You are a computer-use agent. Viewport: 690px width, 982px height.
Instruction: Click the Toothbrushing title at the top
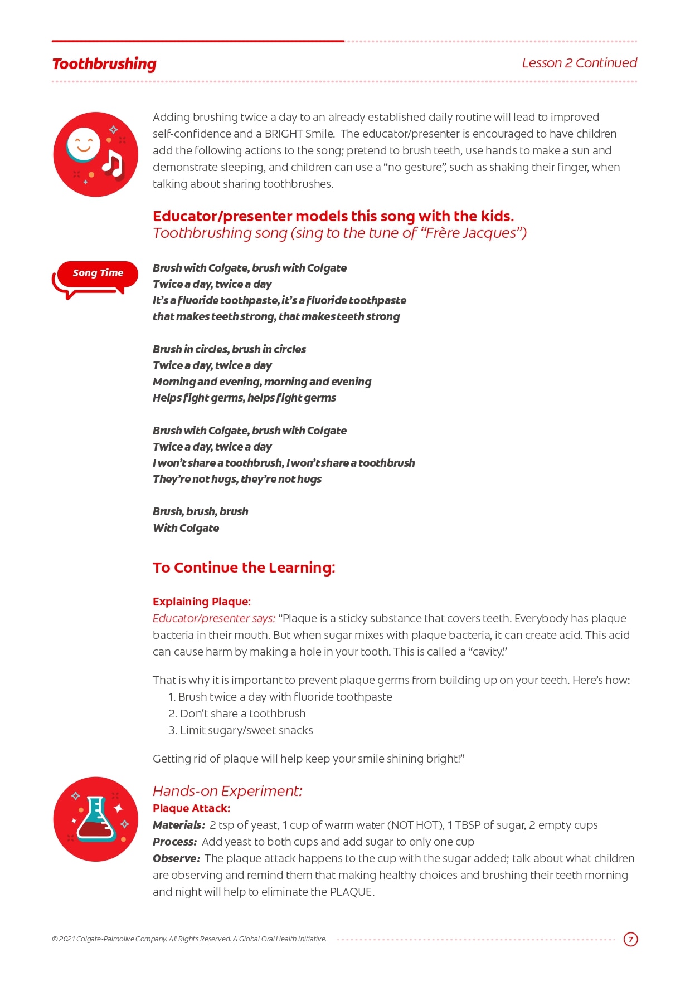coord(104,64)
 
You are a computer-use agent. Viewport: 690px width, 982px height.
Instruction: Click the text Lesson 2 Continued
coord(579,63)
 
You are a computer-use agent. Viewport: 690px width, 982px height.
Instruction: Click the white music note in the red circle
coord(113,164)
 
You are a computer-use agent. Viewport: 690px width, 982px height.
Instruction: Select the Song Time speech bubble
coord(98,273)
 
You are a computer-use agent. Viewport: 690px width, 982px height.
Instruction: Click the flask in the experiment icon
coord(96,819)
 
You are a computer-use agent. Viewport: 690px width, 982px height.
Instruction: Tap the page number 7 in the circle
coord(630,939)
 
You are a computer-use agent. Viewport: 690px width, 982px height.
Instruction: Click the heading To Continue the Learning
coord(244,568)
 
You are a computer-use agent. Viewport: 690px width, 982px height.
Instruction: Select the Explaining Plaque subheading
coord(202,602)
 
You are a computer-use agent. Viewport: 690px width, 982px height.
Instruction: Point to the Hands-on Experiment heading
coord(227,791)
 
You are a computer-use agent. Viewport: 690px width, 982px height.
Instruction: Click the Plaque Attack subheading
coord(191,808)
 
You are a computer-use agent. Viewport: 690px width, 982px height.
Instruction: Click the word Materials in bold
coord(178,825)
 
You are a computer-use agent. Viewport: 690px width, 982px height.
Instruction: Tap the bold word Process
coord(174,842)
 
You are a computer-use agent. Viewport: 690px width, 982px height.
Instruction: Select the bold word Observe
coord(176,858)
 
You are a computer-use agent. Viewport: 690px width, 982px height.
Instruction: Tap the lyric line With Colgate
coord(186,528)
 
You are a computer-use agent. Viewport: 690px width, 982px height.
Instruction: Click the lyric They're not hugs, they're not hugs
coord(237,479)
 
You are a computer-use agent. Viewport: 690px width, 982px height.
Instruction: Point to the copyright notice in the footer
coord(189,939)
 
